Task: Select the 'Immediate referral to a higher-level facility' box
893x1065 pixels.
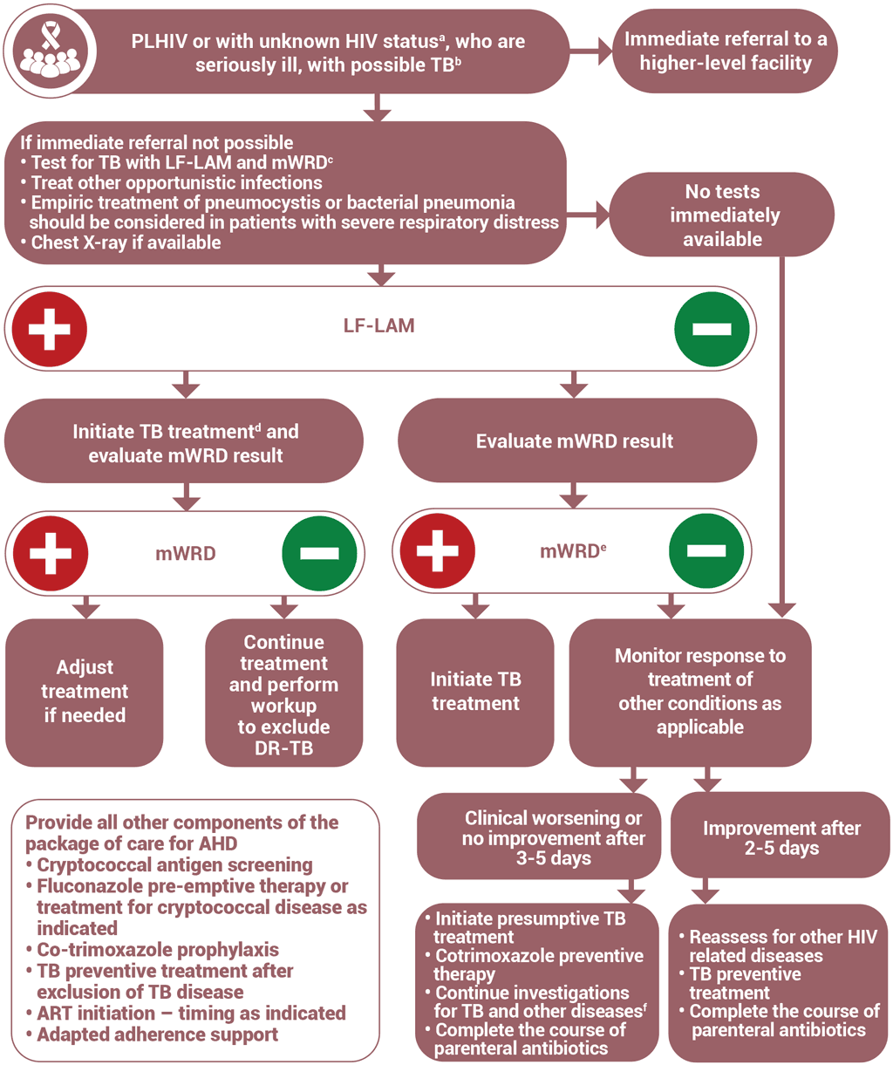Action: coord(726,51)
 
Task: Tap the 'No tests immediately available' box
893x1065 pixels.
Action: coord(722,215)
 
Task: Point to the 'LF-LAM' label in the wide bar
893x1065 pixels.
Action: coord(378,326)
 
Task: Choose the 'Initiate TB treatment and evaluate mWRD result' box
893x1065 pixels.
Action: coord(185,441)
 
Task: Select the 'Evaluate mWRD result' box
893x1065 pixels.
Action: coord(574,441)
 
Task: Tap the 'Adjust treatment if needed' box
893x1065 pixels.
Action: coord(85,691)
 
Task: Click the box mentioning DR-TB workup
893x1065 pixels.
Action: coord(283,694)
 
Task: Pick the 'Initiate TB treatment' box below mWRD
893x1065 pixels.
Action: coord(475,691)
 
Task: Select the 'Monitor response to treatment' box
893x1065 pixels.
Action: coord(699,691)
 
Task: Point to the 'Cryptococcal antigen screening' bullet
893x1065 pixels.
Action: coord(174,865)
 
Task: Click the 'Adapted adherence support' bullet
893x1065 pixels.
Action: coord(157,1034)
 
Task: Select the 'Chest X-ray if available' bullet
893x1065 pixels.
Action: coord(126,242)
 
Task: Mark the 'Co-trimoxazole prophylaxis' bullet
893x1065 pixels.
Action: coord(157,949)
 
